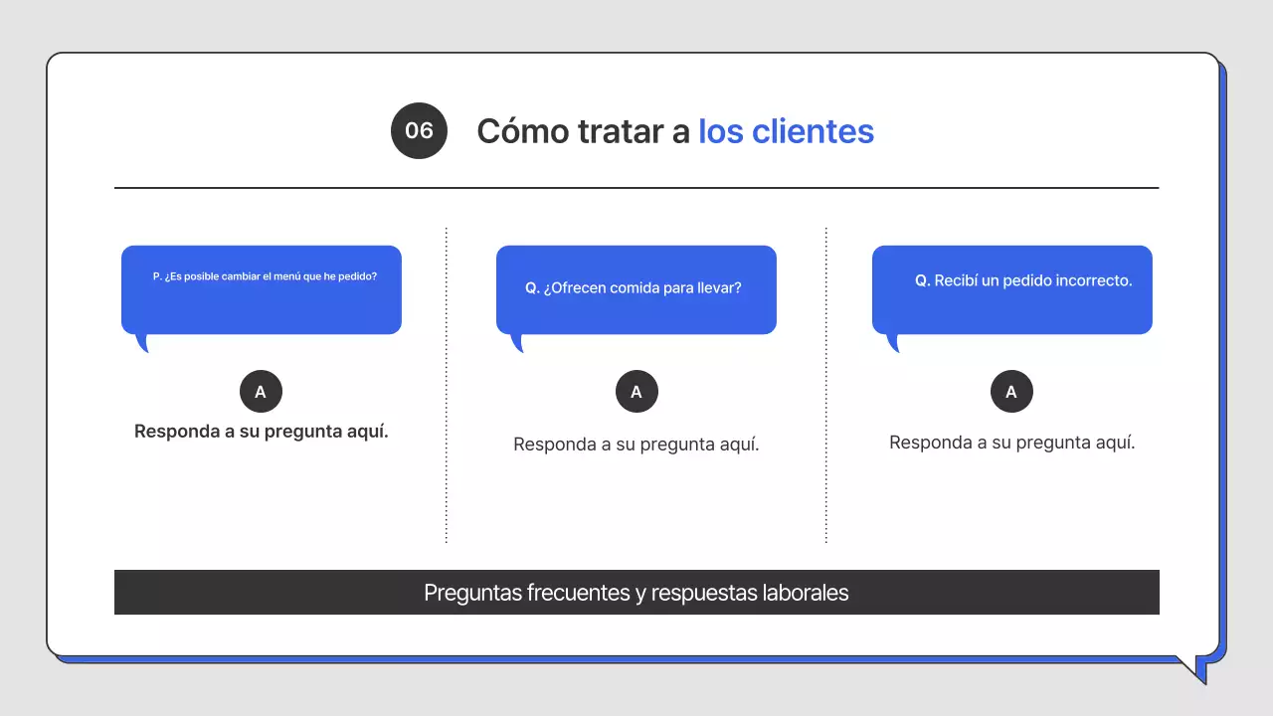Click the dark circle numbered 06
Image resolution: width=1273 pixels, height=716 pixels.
tap(419, 130)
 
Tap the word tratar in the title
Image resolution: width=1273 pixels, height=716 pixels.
tap(620, 131)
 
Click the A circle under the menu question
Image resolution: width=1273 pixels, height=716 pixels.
tap(261, 392)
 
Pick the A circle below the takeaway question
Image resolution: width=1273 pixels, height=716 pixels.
tap(636, 392)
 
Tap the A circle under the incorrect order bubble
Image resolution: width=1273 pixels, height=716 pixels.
tap(1011, 392)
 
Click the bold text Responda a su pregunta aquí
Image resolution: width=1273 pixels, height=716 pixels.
tap(261, 432)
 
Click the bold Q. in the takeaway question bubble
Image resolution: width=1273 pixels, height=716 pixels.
tap(532, 288)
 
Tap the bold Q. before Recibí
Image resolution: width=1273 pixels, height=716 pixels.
tap(922, 280)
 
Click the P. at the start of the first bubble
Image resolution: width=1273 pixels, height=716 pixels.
tap(157, 276)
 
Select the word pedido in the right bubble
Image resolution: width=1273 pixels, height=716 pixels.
tap(1028, 281)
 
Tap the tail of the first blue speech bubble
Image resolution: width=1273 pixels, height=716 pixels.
tap(143, 343)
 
